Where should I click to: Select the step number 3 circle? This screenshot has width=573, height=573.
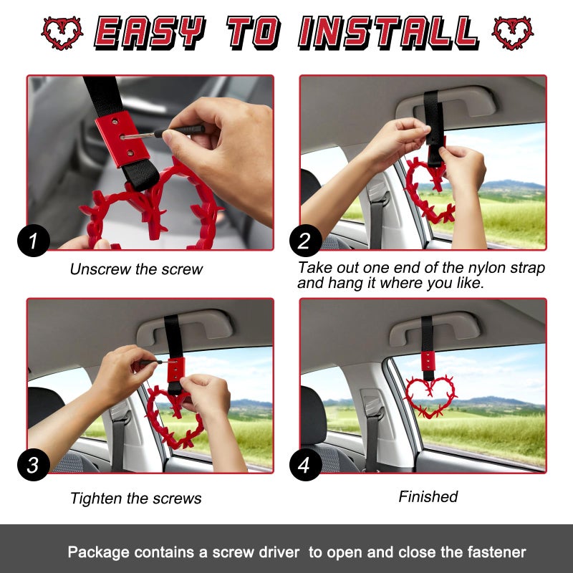tap(34, 465)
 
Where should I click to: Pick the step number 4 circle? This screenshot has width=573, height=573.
tap(305, 465)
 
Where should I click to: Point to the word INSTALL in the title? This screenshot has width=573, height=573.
tap(388, 33)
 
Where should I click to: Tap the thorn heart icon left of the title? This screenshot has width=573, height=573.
tap(62, 33)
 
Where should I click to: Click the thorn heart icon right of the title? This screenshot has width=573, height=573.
tap(513, 33)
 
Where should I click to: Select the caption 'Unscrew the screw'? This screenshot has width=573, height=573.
tap(136, 270)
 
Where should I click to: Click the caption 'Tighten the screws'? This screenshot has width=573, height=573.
tap(136, 499)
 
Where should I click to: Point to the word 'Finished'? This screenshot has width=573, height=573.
tap(428, 496)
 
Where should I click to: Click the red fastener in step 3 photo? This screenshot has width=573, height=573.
tap(175, 370)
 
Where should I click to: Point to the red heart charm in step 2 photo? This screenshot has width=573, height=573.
tap(428, 190)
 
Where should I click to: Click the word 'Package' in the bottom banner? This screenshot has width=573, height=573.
tap(98, 552)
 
